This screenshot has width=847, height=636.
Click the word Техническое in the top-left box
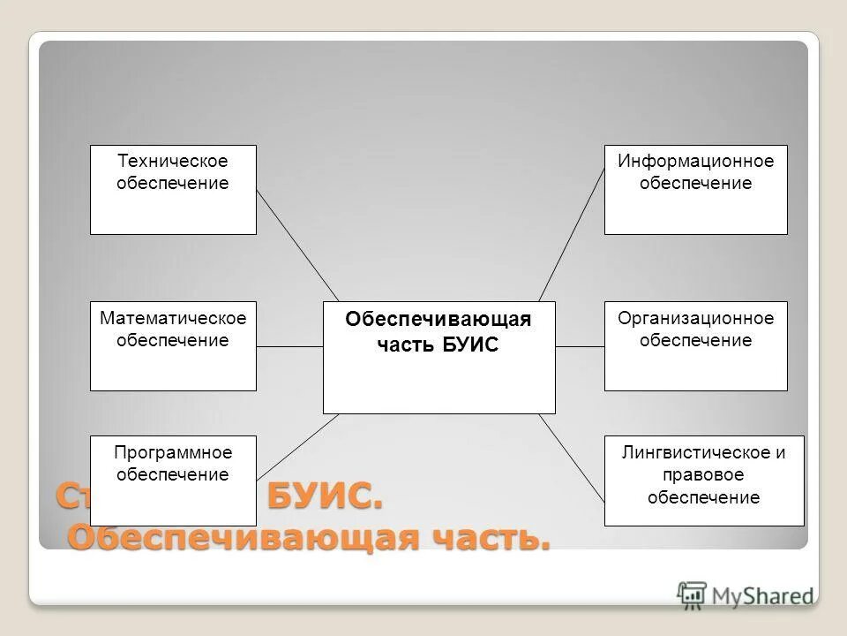click(173, 162)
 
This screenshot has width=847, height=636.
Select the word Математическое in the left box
click(173, 318)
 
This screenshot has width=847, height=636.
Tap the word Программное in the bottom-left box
click(173, 452)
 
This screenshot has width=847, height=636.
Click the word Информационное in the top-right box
click(695, 162)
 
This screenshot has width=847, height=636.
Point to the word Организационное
click(695, 318)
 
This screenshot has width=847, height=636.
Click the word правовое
click(703, 475)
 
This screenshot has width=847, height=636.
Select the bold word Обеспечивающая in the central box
click(438, 320)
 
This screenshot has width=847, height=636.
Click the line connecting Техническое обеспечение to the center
click(297, 245)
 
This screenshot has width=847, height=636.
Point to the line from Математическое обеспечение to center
click(289, 347)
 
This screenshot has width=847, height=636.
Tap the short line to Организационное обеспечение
click(580, 347)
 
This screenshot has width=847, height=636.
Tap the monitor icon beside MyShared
click(693, 594)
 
